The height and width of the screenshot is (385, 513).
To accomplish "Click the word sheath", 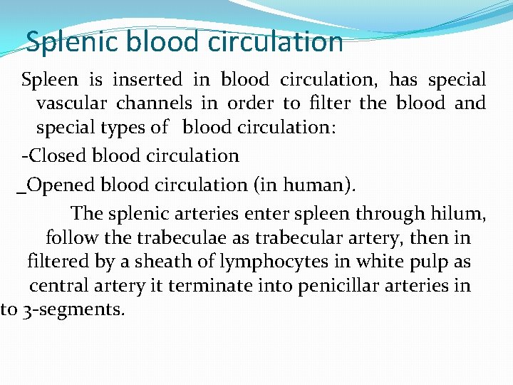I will tap(157, 262).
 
